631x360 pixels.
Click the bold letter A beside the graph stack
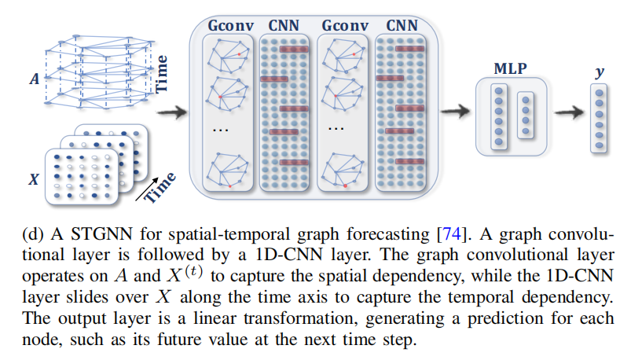33,79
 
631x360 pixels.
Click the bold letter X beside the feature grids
33,180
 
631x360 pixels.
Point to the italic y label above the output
600,72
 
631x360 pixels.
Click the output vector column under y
600,117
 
